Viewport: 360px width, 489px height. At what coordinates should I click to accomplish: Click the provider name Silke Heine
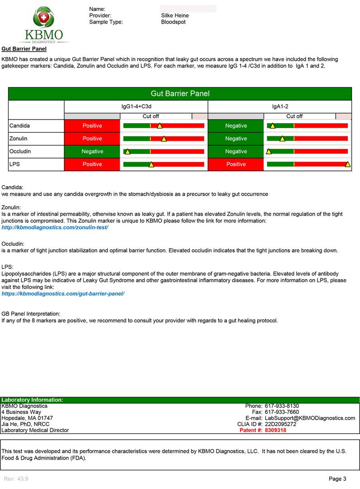175,15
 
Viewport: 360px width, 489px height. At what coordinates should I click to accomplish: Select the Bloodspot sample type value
173,22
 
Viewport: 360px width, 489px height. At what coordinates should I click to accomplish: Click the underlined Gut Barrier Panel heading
24,48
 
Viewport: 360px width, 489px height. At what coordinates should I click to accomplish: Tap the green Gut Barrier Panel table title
180,94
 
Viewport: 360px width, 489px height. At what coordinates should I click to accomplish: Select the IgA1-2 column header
279,106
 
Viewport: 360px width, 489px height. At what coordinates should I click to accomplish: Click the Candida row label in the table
19,125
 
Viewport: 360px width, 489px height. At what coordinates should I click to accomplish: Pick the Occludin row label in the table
20,151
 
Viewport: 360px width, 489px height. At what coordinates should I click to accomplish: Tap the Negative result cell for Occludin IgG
92,151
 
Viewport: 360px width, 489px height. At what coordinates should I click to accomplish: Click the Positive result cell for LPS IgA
235,164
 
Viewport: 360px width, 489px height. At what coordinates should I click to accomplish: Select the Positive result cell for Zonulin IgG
92,139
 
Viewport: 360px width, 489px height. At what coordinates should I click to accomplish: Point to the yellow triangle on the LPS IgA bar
347,164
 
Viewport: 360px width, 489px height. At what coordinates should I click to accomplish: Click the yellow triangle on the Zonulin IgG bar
163,139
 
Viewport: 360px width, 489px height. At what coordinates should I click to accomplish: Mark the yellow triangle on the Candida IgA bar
272,126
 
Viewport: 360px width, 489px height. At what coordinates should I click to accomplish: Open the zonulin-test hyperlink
55,227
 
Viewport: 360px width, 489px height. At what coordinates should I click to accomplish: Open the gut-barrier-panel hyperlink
63,293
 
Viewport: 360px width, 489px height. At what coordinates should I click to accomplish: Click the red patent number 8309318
275,430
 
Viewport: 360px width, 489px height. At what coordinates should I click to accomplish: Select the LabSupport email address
310,418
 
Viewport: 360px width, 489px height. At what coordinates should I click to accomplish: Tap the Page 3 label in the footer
337,479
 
